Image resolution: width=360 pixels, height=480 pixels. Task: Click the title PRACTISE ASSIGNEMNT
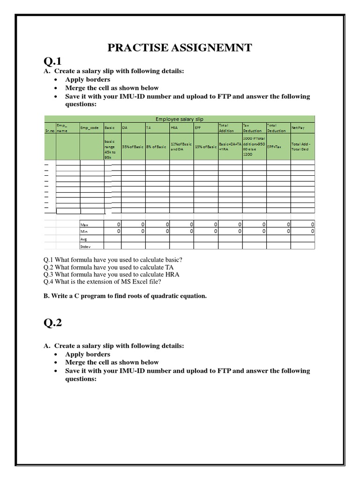(180, 47)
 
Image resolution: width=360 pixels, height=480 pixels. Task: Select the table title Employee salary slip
(179, 119)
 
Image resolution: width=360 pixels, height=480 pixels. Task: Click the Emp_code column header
(90, 127)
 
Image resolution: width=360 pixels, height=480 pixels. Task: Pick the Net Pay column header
(298, 127)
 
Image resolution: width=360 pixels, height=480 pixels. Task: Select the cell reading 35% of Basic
(133, 147)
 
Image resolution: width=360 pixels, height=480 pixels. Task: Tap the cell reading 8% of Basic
(157, 147)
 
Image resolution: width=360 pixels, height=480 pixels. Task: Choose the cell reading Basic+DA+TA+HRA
(230, 147)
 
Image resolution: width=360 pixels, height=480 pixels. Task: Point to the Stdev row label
(85, 246)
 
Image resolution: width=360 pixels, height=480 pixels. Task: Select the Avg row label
(84, 239)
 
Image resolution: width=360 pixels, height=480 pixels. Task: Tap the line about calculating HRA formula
(112, 274)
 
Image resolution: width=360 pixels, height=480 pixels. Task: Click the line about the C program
(125, 296)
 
